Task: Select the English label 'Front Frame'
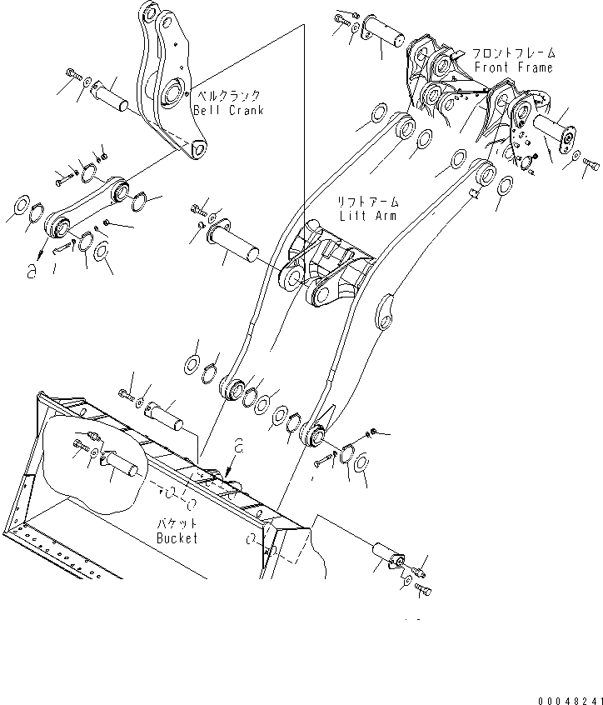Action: (513, 67)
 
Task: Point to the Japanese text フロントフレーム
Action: (512, 52)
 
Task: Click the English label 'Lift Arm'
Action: (368, 215)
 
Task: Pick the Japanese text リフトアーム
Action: (367, 202)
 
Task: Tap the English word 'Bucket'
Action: (177, 537)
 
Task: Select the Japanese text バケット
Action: (177, 524)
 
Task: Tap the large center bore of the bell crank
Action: (177, 91)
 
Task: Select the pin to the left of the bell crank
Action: (111, 94)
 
